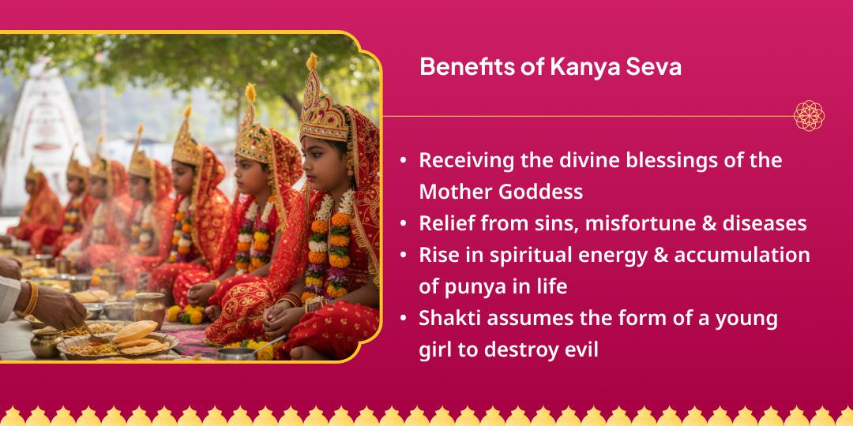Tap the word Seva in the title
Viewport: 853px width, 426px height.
point(653,67)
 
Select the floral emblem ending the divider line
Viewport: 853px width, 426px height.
point(809,116)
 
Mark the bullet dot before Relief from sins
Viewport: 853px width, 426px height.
point(404,223)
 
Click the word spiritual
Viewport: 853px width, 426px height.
point(520,256)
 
